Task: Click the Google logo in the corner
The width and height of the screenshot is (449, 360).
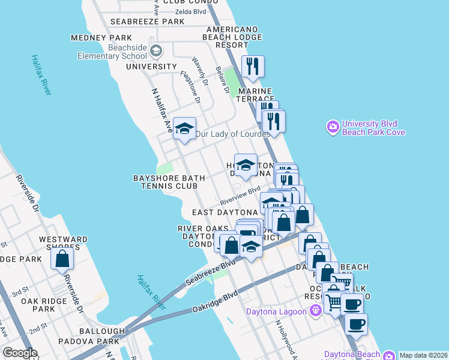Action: coord(20,353)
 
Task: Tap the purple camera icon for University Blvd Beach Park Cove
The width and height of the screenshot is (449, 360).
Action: coord(333,127)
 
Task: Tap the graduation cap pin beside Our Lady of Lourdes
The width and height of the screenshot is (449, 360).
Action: coord(185,128)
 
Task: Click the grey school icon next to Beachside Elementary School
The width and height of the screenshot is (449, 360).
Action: coord(156,51)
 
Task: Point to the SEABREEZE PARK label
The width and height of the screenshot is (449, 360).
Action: coord(148,22)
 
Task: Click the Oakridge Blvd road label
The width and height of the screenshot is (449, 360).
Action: coord(215,302)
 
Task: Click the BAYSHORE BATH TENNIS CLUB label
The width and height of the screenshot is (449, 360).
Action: coord(165,182)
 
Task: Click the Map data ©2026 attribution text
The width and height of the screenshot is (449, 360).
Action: coord(423,355)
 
